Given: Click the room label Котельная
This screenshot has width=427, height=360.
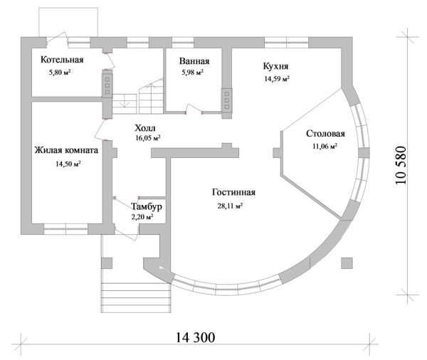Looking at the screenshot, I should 62,60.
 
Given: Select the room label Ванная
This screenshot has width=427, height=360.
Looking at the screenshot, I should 193,60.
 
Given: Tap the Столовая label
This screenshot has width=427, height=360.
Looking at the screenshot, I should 325,134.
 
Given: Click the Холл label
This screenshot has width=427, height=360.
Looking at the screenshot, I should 146,127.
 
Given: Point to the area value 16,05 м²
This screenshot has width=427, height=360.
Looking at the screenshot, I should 147,139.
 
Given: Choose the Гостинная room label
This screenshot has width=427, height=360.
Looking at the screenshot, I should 233,193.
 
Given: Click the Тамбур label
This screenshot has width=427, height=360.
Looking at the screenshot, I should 147,206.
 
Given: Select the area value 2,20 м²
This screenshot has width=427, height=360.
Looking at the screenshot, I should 143,217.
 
